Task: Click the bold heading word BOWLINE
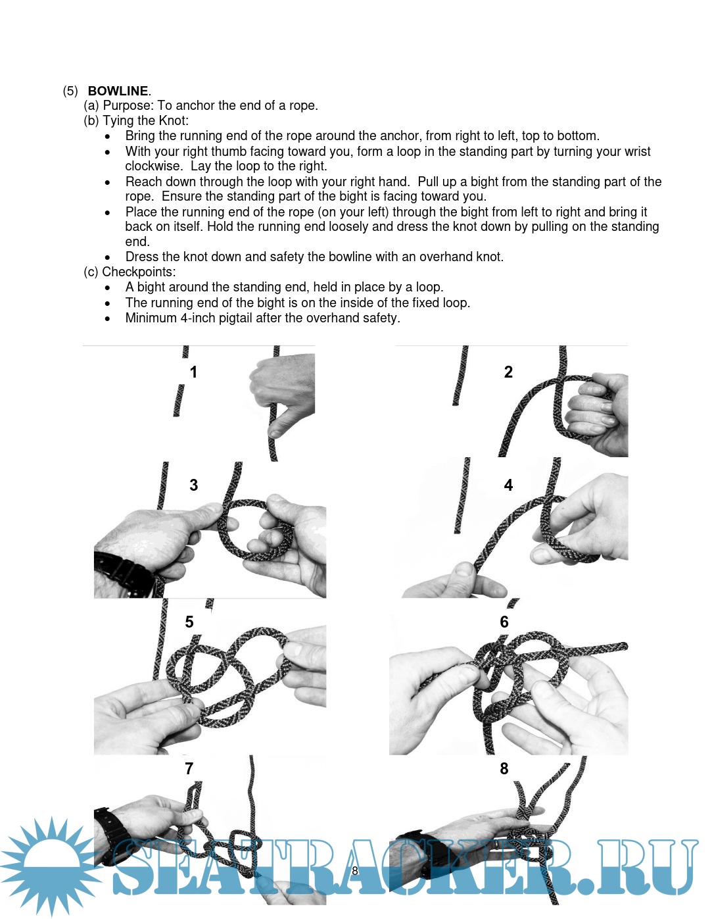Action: [x=118, y=91]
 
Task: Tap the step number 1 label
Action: [x=193, y=372]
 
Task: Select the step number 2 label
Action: [x=508, y=372]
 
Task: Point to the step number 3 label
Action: [x=193, y=485]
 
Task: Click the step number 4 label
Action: [x=508, y=485]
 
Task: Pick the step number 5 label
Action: [x=189, y=622]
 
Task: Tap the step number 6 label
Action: [x=504, y=622]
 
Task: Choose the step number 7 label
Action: [x=189, y=768]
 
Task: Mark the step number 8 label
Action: [x=504, y=768]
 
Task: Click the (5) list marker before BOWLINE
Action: [x=70, y=91]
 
